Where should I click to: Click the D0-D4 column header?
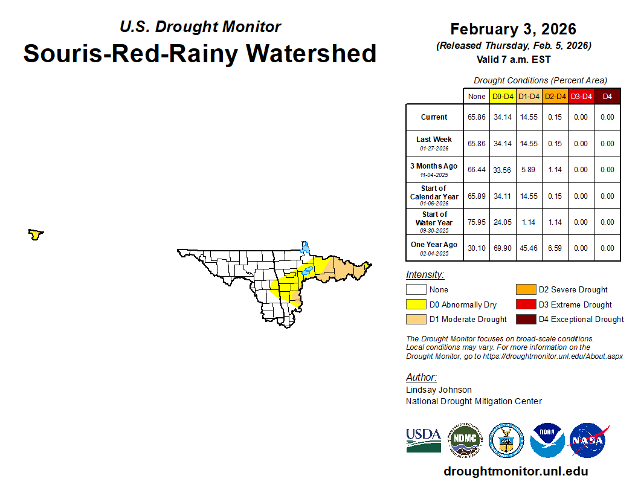(x=503, y=97)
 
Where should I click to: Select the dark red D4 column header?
(x=607, y=97)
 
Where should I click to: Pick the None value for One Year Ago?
(x=477, y=248)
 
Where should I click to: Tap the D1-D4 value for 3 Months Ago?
(x=529, y=170)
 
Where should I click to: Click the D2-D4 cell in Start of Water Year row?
(x=555, y=222)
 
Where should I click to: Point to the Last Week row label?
(x=434, y=143)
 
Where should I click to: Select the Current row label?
(x=434, y=117)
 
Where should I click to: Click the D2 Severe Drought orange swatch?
(x=526, y=289)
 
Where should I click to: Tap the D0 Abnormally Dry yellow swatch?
(x=416, y=304)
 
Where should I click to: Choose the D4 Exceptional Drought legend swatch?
(x=526, y=320)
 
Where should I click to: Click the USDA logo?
(x=424, y=440)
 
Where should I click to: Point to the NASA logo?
(x=588, y=440)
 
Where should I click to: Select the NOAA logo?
(x=547, y=440)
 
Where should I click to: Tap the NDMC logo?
(x=465, y=440)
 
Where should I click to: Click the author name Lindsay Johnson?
(x=439, y=390)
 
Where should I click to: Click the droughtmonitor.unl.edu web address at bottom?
(x=516, y=471)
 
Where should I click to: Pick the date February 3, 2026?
(x=514, y=29)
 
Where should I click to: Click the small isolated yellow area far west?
(x=36, y=234)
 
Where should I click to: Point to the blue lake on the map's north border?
(x=304, y=247)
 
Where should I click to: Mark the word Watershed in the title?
(x=311, y=53)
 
